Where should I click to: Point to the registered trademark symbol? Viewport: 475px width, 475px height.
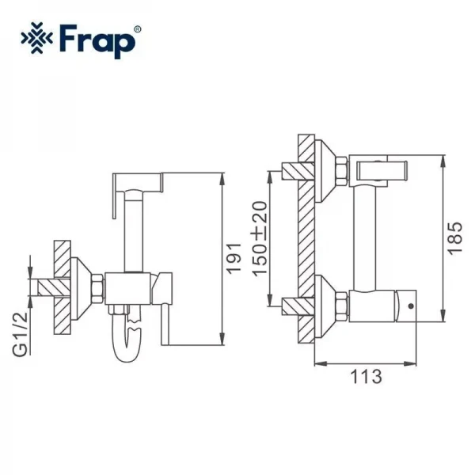[138, 29]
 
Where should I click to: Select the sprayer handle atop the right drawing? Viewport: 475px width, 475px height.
[382, 168]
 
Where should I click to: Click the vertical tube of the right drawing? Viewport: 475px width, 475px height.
[367, 237]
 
